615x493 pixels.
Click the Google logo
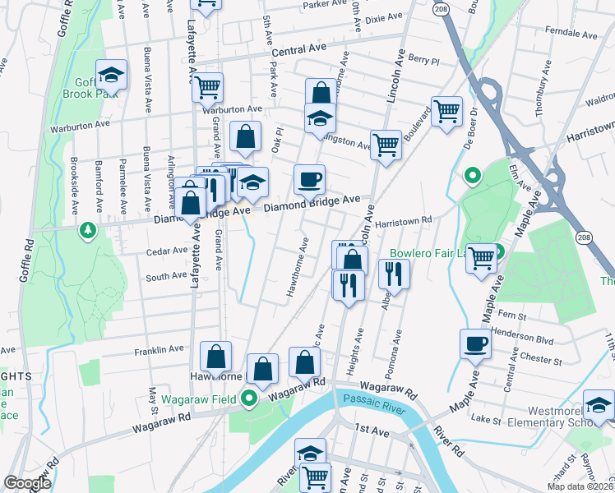[x=28, y=483]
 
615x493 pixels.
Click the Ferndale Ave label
[x=567, y=35]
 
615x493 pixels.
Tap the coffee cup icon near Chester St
[x=475, y=343]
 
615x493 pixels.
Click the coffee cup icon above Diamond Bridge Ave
[x=309, y=178]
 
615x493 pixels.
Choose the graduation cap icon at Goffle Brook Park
[x=111, y=76]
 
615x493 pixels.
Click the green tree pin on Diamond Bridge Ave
[x=87, y=232]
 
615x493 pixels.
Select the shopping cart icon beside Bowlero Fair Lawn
[x=481, y=257]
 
